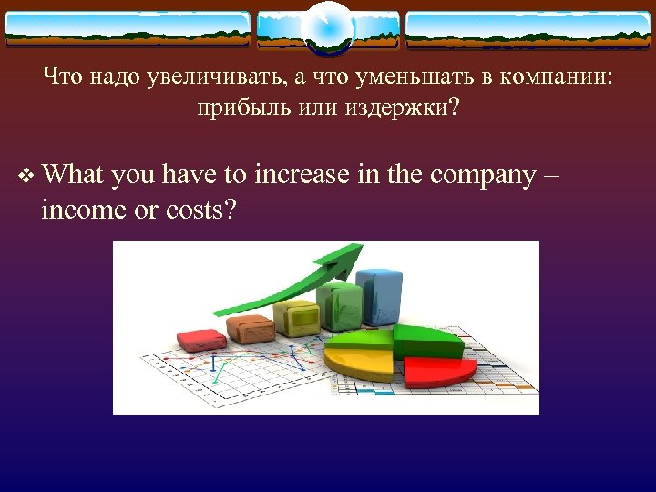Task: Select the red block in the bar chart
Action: pyautogui.click(x=201, y=340)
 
